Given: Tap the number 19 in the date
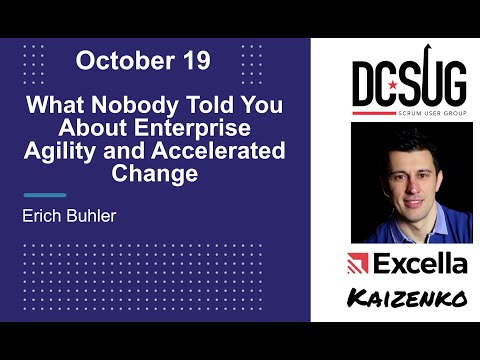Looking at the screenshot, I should pyautogui.click(x=192, y=61).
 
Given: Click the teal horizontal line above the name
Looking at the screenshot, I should pyautogui.click(x=44, y=195).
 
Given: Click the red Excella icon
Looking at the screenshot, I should pyautogui.click(x=357, y=264).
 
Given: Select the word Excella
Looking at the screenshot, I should pyautogui.click(x=421, y=264).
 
